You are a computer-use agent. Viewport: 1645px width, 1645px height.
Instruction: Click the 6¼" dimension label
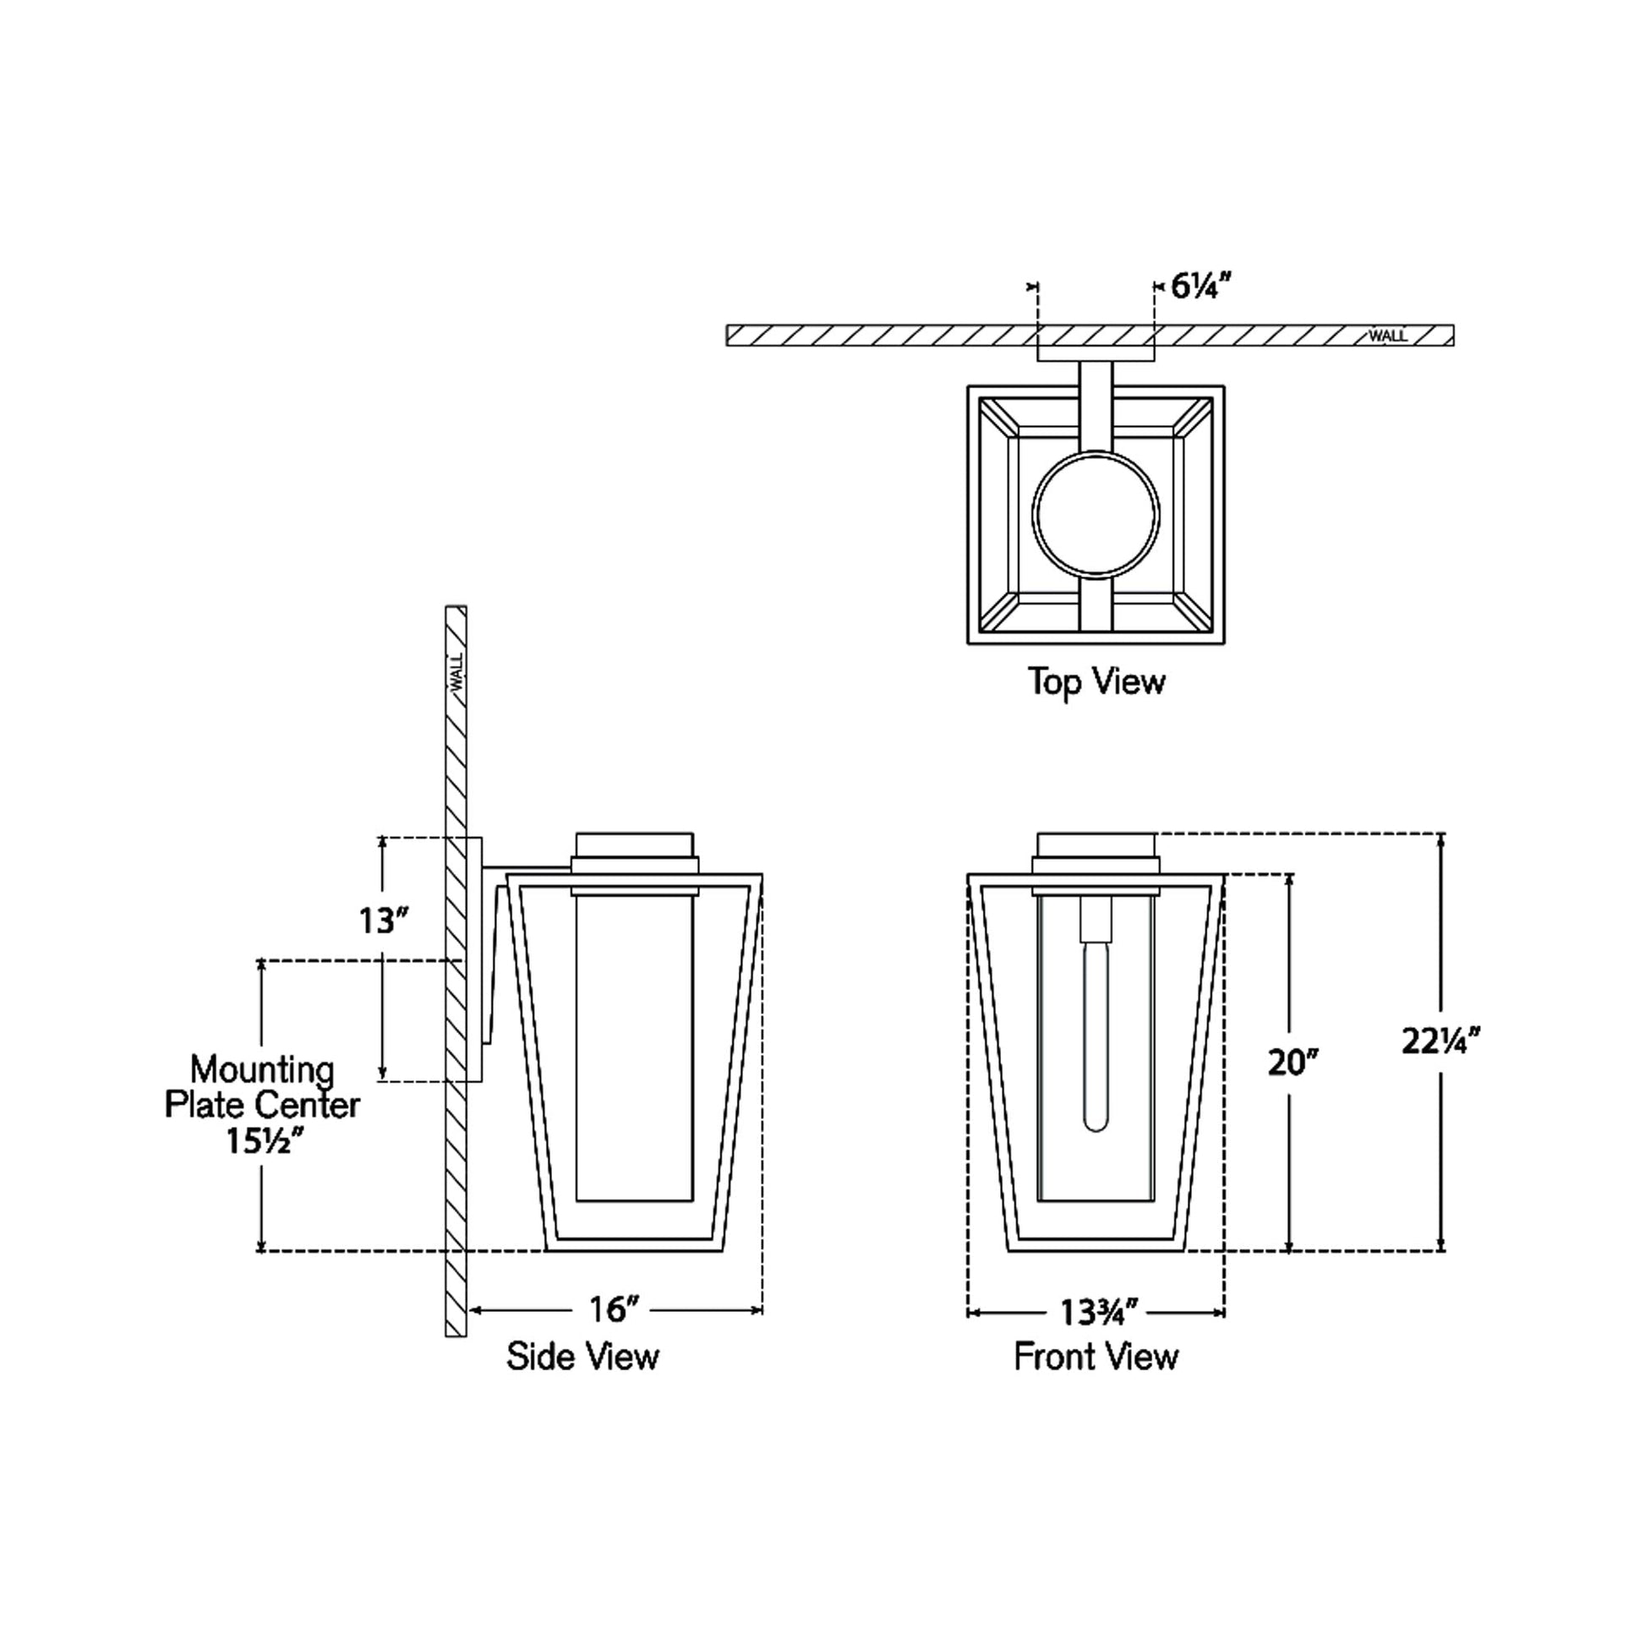(1201, 287)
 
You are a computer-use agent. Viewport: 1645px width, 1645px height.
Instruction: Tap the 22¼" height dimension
(1441, 1041)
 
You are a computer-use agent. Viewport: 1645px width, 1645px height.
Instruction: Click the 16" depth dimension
(613, 1309)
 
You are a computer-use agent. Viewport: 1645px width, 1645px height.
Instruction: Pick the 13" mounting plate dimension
(382, 921)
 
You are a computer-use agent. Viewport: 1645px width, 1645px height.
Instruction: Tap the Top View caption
(1096, 682)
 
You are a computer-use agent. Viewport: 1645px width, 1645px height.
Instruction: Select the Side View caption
(582, 1357)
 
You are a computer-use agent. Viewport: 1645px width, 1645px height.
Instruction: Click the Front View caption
(1096, 1357)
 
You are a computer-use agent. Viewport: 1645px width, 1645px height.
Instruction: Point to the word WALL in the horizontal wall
(1387, 336)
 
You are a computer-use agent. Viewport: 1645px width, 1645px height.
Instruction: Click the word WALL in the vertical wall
(457, 672)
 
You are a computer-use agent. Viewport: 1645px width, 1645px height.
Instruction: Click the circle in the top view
(1096, 514)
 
